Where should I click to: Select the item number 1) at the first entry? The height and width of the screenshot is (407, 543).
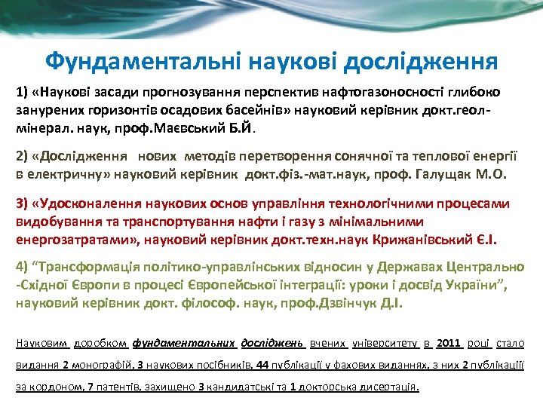point(23,92)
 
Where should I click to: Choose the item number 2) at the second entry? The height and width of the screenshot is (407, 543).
point(23,158)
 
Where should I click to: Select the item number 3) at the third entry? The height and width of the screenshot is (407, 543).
point(23,204)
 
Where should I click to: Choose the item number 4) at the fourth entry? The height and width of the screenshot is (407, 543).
point(23,268)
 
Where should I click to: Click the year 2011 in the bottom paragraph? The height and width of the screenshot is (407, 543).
point(448,344)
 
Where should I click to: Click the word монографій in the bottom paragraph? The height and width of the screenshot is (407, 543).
point(101,366)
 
